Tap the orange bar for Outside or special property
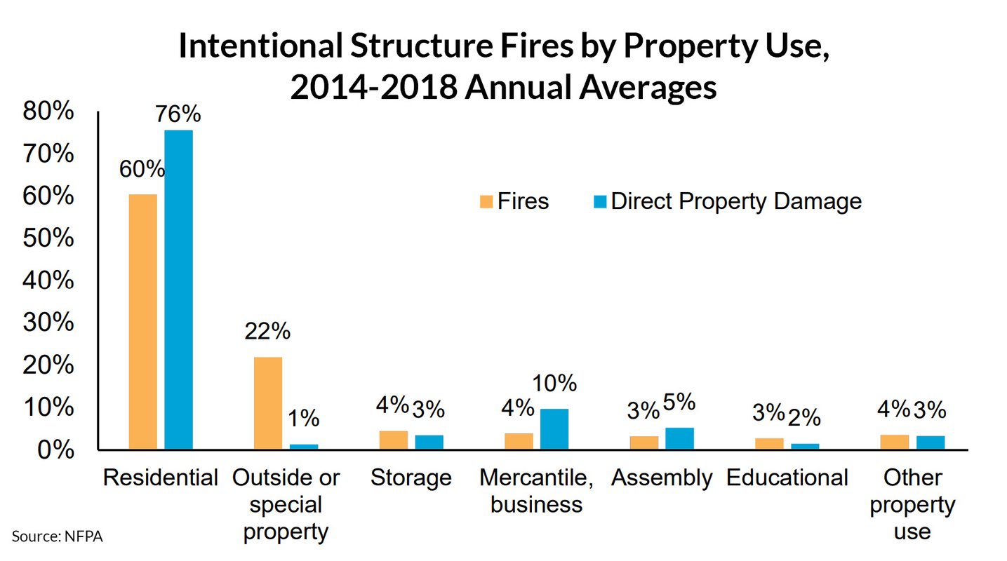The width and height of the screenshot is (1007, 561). tap(268, 403)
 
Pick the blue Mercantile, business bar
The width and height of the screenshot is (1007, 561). tap(554, 428)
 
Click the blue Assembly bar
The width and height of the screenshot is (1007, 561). tap(679, 438)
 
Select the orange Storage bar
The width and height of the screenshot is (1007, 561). tap(394, 440)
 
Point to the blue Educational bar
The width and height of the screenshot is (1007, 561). tap(805, 446)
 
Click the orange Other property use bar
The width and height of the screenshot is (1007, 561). tap(895, 442)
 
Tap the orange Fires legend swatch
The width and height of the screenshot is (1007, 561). tap(486, 202)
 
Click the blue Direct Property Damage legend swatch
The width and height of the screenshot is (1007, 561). tap(600, 202)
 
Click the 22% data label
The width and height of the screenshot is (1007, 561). tap(267, 331)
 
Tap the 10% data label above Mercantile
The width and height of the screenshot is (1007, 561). tap(554, 383)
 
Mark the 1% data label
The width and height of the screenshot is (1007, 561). tap(303, 419)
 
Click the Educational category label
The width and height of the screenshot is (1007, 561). tap(787, 478)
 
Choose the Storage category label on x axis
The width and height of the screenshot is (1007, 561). tap(411, 478)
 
